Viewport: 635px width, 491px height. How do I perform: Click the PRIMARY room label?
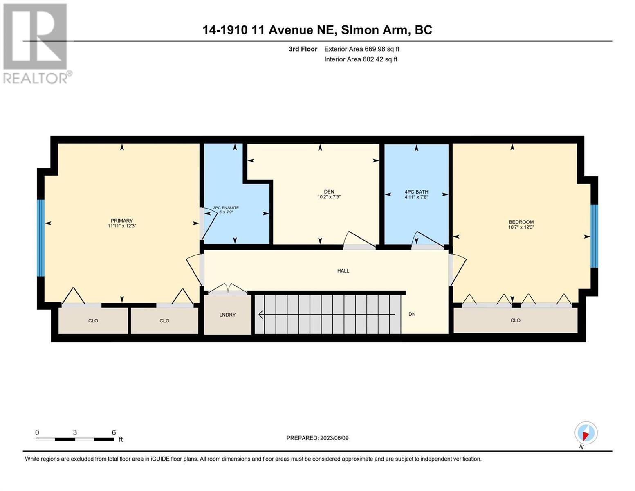[x=121, y=221]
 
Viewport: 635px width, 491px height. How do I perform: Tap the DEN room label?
[x=329, y=191]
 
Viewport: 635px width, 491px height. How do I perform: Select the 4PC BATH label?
[x=416, y=192]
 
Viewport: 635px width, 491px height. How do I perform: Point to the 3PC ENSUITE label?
[x=226, y=207]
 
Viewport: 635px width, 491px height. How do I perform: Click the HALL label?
[x=343, y=270]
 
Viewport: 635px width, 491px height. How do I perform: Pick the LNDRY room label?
[x=227, y=315]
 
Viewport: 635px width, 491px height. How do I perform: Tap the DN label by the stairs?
[x=412, y=314]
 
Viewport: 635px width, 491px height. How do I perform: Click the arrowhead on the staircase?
[x=261, y=314]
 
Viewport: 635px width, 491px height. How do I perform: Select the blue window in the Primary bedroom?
[x=40, y=238]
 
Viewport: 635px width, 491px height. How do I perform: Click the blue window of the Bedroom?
[x=594, y=236]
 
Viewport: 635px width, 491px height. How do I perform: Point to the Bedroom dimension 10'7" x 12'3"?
[x=521, y=227]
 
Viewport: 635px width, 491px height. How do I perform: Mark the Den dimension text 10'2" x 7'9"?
[x=329, y=197]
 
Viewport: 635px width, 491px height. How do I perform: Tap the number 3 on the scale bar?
[x=75, y=432]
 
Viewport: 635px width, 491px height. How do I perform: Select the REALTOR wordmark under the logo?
[x=36, y=78]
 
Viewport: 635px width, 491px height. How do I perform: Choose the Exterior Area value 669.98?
[x=374, y=49]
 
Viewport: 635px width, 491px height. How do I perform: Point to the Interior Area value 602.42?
[x=372, y=59]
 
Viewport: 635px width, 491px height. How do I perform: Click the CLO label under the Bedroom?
[x=515, y=320]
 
